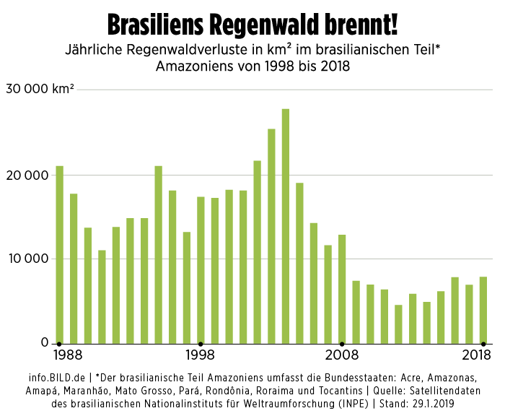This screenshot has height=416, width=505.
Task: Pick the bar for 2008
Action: pyautogui.click(x=342, y=288)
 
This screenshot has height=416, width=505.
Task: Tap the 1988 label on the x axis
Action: pyautogui.click(x=67, y=355)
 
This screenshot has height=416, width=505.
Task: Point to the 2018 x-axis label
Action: pyautogui.click(x=477, y=355)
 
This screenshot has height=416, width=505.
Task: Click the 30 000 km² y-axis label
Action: pyautogui.click(x=40, y=90)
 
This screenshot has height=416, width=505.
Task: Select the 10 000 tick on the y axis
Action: pyautogui.click(x=28, y=259)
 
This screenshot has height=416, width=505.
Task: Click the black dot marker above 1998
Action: pyautogui.click(x=201, y=343)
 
